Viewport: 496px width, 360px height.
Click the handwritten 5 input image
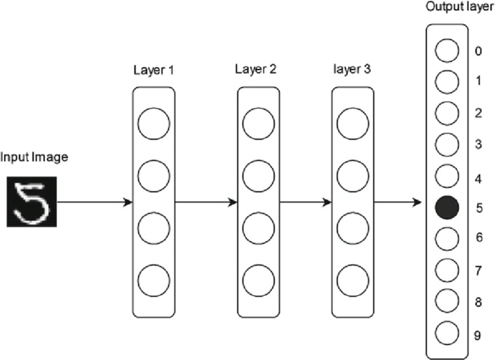pos(32,202)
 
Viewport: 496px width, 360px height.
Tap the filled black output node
pos(447,207)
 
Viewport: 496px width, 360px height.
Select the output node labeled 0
pos(447,51)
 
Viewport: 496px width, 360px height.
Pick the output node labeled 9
pos(447,333)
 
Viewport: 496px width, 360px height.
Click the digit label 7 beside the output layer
pos(478,271)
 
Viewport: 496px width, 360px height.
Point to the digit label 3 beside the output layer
pos(478,144)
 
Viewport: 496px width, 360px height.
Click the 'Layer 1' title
pos(154,70)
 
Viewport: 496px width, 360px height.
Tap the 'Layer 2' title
pos(255,69)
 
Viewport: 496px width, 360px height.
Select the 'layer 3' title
pos(352,69)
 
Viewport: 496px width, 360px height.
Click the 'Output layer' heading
pos(460,7)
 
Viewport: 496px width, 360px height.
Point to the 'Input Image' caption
pos(34,158)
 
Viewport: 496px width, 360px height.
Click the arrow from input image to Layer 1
pos(95,202)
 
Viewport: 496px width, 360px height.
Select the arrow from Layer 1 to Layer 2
pos(206,202)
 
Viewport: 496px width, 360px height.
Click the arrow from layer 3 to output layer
pos(398,202)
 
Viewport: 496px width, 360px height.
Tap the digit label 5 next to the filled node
pos(479,208)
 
